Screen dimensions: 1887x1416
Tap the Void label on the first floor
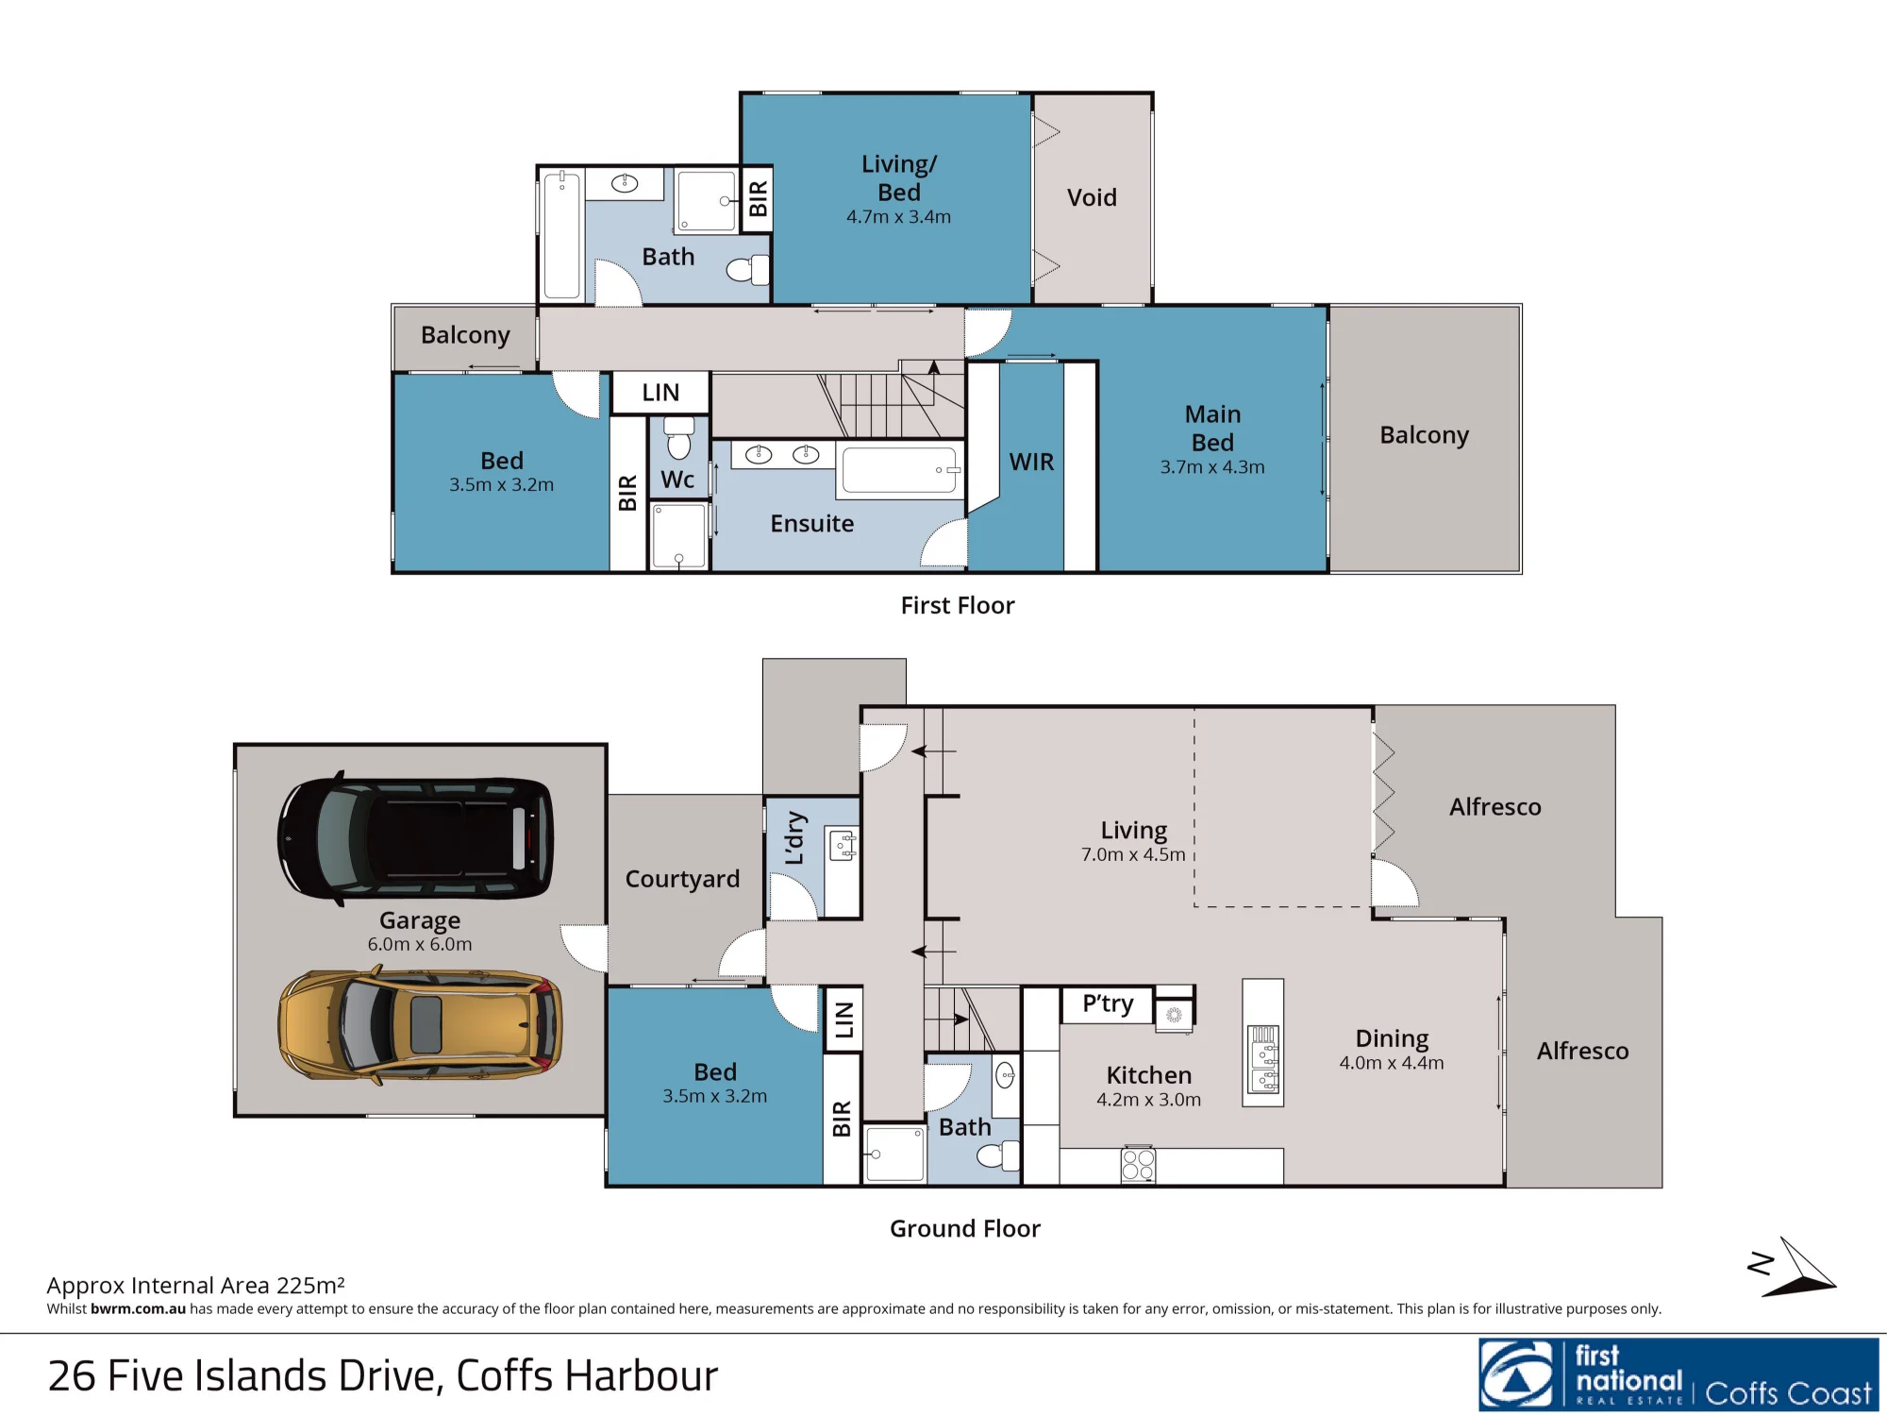tap(1092, 197)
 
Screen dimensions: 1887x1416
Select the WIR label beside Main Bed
tap(1031, 462)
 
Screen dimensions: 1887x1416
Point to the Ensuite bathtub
tap(900, 470)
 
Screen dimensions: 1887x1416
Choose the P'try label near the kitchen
tap(1108, 1003)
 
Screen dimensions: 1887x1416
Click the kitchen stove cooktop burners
tap(1138, 1165)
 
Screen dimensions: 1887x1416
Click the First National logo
tap(1678, 1374)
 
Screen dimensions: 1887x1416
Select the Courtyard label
tap(682, 879)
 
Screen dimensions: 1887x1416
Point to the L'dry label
tap(795, 837)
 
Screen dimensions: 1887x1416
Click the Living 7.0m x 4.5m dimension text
tap(1133, 854)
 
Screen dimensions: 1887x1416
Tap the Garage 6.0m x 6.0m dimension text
tap(420, 944)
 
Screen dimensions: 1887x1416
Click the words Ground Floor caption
tap(965, 1228)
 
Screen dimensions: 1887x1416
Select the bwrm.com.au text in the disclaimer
tap(138, 1308)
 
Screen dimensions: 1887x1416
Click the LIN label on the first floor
tap(660, 393)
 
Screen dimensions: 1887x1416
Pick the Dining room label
tap(1392, 1038)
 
